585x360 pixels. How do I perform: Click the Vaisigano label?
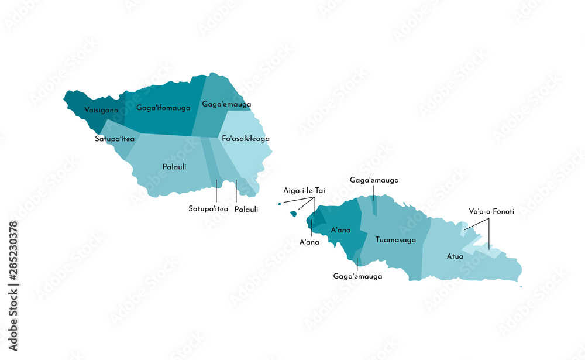[101, 110]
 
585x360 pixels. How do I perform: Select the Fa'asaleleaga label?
[246, 139]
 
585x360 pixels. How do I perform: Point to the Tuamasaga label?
[395, 239]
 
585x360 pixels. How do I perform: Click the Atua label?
[455, 256]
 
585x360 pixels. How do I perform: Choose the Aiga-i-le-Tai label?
[304, 190]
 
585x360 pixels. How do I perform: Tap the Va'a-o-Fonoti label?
[491, 211]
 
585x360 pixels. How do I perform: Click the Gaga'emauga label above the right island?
[374, 180]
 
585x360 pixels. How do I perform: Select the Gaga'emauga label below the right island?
[357, 276]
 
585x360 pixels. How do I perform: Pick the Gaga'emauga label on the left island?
[226, 104]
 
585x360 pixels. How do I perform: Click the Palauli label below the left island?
[246, 209]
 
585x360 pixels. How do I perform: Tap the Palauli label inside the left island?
[174, 167]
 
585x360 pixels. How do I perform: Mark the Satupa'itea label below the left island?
[208, 208]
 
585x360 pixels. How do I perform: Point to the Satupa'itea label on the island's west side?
[115, 139]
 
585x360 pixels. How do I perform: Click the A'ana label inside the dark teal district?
[340, 230]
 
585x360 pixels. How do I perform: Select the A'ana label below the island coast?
[309, 242]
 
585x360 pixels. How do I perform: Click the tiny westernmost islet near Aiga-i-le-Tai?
[280, 204]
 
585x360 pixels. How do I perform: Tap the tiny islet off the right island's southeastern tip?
[521, 287]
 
